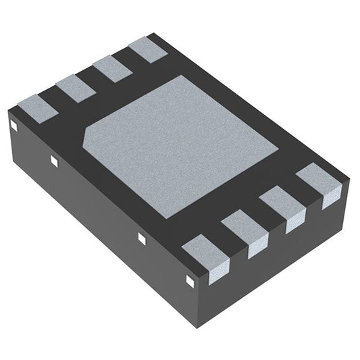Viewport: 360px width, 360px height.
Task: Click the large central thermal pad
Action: pos(181,145)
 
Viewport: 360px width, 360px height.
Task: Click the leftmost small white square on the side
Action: pos(14,125)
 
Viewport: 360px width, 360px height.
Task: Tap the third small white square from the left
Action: pos(142,237)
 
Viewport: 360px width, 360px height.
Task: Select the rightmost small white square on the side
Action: pos(188,277)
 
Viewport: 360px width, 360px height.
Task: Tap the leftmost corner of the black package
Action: pos(7,111)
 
